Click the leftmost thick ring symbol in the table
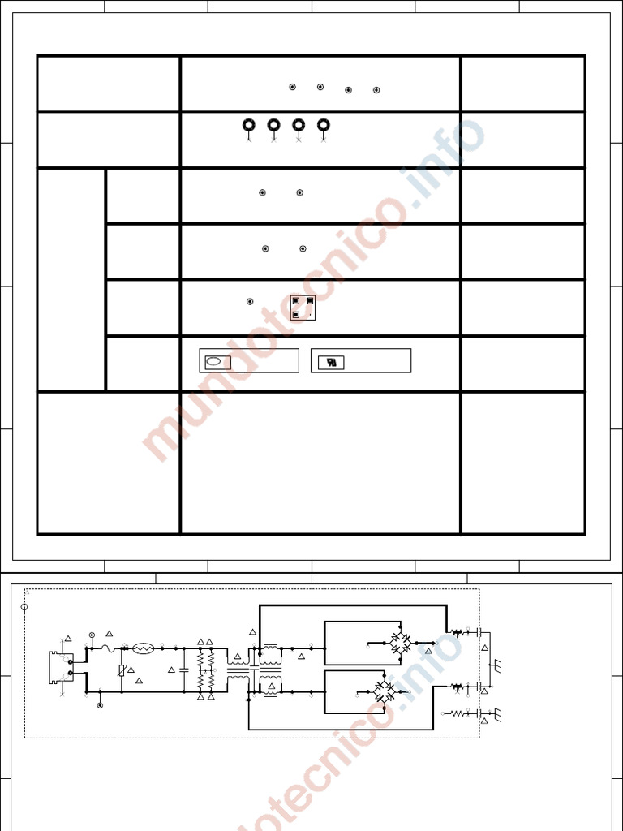tap(249, 125)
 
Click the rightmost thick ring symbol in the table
tap(324, 125)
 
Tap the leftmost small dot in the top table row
tap(293, 87)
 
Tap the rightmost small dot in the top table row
tap(376, 90)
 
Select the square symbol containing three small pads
tap(303, 308)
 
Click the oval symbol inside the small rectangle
tap(214, 362)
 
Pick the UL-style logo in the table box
tap(331, 363)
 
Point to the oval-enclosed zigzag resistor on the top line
tap(144, 648)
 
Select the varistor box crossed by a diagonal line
tap(122, 670)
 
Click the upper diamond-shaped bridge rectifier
tap(399, 644)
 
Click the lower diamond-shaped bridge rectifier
tap(385, 692)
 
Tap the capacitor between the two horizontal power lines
tap(184, 670)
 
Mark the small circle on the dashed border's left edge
tap(24, 607)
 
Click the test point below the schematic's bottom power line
tap(100, 705)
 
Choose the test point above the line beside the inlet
tap(92, 635)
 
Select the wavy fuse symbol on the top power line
tap(109, 648)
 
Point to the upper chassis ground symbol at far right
tap(496, 665)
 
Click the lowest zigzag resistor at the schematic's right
tap(459, 714)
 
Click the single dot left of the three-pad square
tap(250, 302)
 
